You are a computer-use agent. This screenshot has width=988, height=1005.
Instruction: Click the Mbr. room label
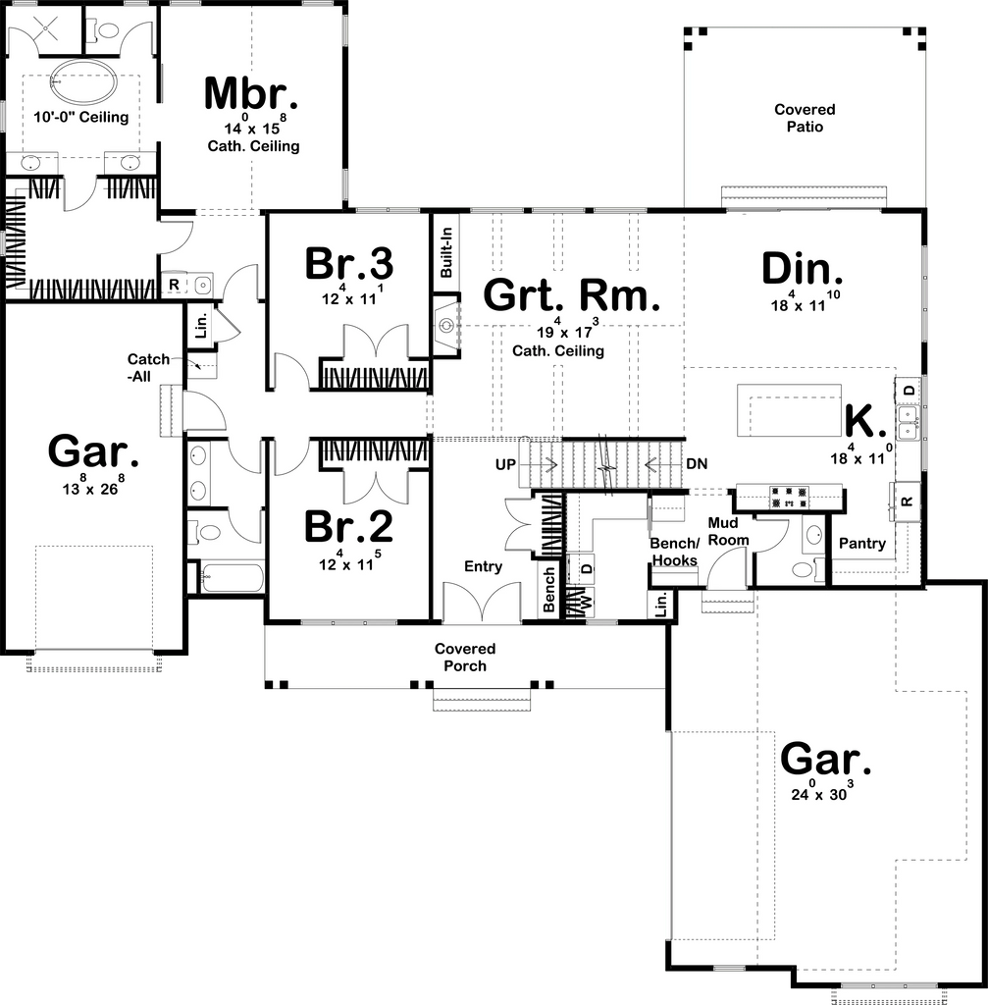point(251,93)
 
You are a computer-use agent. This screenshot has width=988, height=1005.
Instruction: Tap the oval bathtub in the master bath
point(84,82)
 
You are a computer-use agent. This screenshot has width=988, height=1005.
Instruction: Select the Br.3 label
point(348,263)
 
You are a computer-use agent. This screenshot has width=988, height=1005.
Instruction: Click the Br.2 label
point(348,526)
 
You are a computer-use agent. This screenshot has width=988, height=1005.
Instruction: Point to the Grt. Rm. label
point(572,295)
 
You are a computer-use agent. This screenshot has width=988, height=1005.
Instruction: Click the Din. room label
point(803,269)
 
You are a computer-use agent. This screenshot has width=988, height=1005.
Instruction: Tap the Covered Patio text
point(805,118)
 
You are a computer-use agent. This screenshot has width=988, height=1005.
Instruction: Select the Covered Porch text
point(465,657)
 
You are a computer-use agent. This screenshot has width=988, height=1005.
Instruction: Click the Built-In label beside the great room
point(446,252)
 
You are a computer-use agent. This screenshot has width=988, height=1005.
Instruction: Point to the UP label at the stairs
point(505,464)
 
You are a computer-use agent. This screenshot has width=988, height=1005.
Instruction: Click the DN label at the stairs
point(698,463)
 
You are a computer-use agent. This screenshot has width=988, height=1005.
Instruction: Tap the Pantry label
point(862,544)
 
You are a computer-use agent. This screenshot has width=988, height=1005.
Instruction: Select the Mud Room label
point(729,531)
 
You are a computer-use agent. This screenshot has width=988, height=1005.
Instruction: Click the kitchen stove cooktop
point(789,498)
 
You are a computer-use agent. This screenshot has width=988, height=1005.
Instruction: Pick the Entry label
point(483,566)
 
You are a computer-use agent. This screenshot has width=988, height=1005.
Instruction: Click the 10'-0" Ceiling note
point(81,118)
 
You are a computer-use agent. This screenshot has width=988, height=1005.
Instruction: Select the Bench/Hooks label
point(675,552)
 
